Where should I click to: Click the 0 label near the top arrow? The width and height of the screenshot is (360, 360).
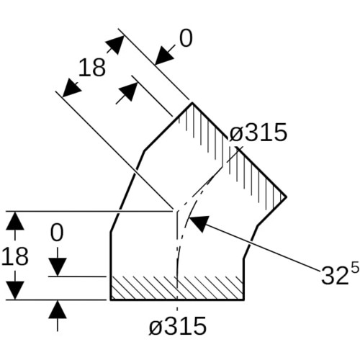[x=186, y=38]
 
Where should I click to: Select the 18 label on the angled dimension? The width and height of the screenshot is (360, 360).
[x=92, y=68]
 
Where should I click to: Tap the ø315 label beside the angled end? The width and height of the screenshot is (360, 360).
[x=258, y=132]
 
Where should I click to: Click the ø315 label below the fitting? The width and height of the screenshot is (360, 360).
[x=178, y=325]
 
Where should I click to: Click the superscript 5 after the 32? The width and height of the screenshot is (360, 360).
[x=356, y=267]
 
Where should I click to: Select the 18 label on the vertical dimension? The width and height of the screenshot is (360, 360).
[x=15, y=256]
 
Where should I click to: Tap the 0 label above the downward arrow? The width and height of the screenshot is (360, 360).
[x=57, y=233]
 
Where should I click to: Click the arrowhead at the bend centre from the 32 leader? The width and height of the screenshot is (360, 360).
[x=199, y=222]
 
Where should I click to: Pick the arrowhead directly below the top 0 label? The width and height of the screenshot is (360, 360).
[x=164, y=55]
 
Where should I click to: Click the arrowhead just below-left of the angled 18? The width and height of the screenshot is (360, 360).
[x=71, y=88]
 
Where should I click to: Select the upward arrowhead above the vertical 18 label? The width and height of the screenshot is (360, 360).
[x=15, y=221]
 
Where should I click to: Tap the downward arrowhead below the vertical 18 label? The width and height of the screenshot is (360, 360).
[x=15, y=290]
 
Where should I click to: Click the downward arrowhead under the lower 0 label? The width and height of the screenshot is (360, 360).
[x=57, y=267]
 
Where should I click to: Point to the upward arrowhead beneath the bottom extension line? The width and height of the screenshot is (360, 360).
[x=57, y=310]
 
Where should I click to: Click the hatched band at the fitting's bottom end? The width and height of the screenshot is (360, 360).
[x=177, y=288]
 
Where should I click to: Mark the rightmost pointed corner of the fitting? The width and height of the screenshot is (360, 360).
[x=287, y=197]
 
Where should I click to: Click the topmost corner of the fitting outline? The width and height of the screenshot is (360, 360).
[x=192, y=103]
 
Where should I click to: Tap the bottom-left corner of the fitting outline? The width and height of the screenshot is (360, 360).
[x=111, y=300]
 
